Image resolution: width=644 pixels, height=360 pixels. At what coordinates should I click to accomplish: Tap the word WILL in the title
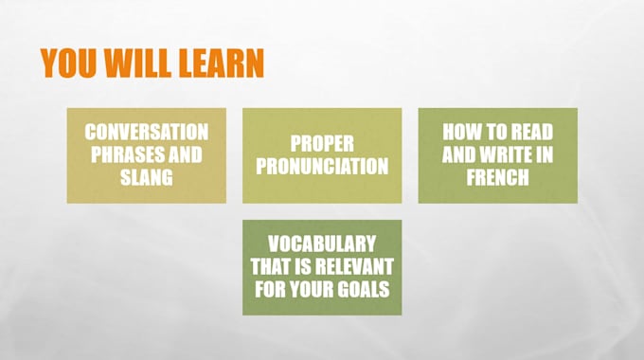coord(139,63)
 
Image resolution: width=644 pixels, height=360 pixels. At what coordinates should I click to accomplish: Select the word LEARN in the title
coord(220,63)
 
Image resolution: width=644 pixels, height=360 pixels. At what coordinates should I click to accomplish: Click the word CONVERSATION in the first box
coord(146,132)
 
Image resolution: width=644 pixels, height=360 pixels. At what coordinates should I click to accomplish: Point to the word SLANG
coord(146,177)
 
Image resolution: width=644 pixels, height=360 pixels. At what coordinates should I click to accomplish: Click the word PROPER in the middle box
coord(322,143)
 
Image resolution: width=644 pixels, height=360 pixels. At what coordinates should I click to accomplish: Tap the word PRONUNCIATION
coord(322,166)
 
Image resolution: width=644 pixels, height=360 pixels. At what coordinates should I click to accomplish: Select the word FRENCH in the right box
coord(497,177)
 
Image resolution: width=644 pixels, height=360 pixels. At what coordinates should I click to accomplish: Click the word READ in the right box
coord(530,132)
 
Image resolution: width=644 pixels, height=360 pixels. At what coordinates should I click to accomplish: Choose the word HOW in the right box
coord(461,132)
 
